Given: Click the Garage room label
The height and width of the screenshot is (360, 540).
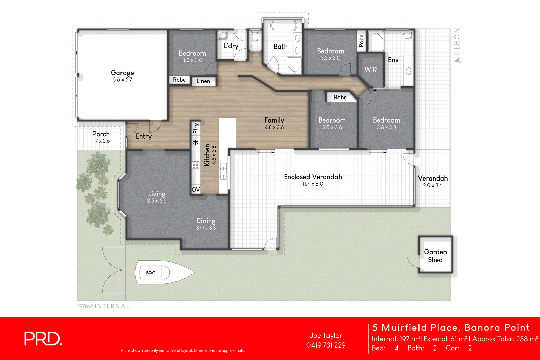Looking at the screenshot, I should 122,73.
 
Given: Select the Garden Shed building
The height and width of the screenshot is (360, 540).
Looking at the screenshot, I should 435,255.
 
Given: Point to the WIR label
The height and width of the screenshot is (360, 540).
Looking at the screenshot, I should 370,70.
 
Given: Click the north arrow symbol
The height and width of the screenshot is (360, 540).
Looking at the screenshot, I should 457,60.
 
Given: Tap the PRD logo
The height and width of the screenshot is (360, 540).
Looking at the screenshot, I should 43,339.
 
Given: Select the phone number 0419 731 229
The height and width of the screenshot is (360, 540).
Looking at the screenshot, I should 326,345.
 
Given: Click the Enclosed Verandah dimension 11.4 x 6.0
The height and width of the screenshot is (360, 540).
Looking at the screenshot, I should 313,184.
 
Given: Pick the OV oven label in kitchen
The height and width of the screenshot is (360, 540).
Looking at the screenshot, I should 196,190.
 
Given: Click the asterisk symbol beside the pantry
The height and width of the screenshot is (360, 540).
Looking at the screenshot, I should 196,142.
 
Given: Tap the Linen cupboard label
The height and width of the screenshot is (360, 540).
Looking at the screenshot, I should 203,81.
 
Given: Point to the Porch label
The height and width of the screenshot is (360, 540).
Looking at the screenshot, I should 101,134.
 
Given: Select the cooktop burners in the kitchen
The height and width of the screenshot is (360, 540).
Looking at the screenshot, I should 196,165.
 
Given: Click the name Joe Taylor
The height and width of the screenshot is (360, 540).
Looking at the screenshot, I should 326,335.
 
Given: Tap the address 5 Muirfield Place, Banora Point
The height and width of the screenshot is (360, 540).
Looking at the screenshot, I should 451,327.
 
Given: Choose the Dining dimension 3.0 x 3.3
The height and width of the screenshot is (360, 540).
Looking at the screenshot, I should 206,228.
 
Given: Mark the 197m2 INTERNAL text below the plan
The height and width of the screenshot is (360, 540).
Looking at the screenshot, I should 103,306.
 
